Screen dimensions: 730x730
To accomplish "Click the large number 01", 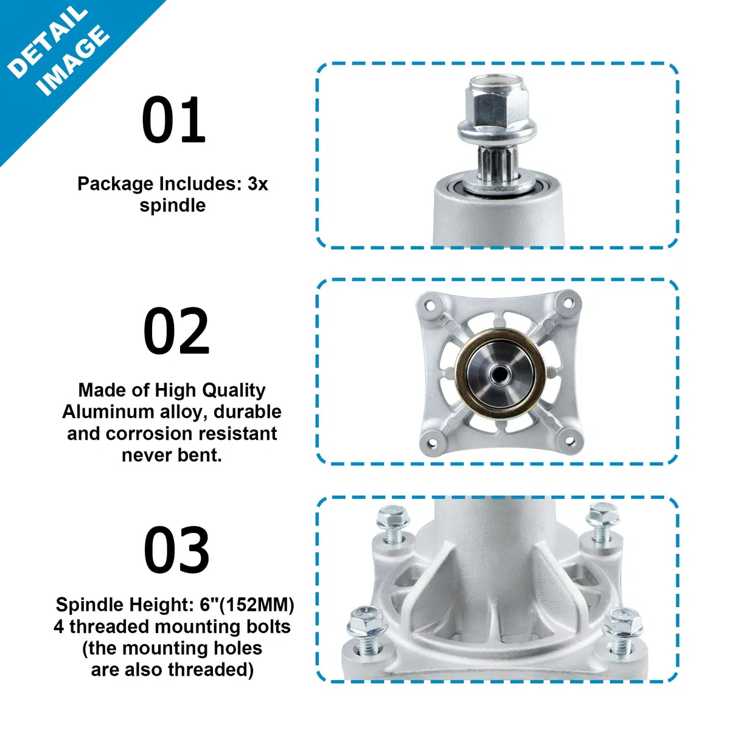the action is tap(173, 119).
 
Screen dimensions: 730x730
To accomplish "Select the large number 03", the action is tap(176, 549).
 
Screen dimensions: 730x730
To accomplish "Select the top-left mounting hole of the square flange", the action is tap(429, 304).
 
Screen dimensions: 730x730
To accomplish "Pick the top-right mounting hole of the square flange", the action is tap(567, 302).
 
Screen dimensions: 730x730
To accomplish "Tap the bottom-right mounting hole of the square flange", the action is tap(569, 441).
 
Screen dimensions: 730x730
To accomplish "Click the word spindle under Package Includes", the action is tap(172, 206).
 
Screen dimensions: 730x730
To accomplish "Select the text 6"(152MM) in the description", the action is tap(246, 605).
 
